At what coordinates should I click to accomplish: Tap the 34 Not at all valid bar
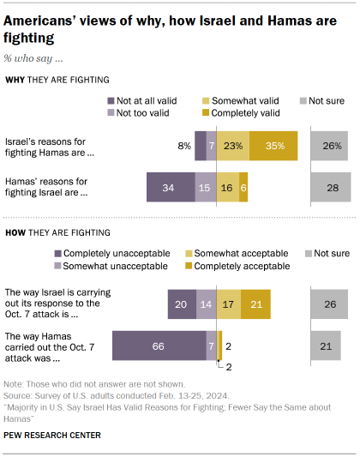(x=171, y=187)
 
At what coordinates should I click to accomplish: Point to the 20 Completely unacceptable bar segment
(x=182, y=304)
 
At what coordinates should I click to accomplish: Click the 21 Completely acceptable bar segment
(x=256, y=304)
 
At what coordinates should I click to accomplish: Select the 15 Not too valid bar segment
(x=206, y=187)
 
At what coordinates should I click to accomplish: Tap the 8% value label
(x=184, y=147)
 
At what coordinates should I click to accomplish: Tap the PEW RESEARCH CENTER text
(x=51, y=435)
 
